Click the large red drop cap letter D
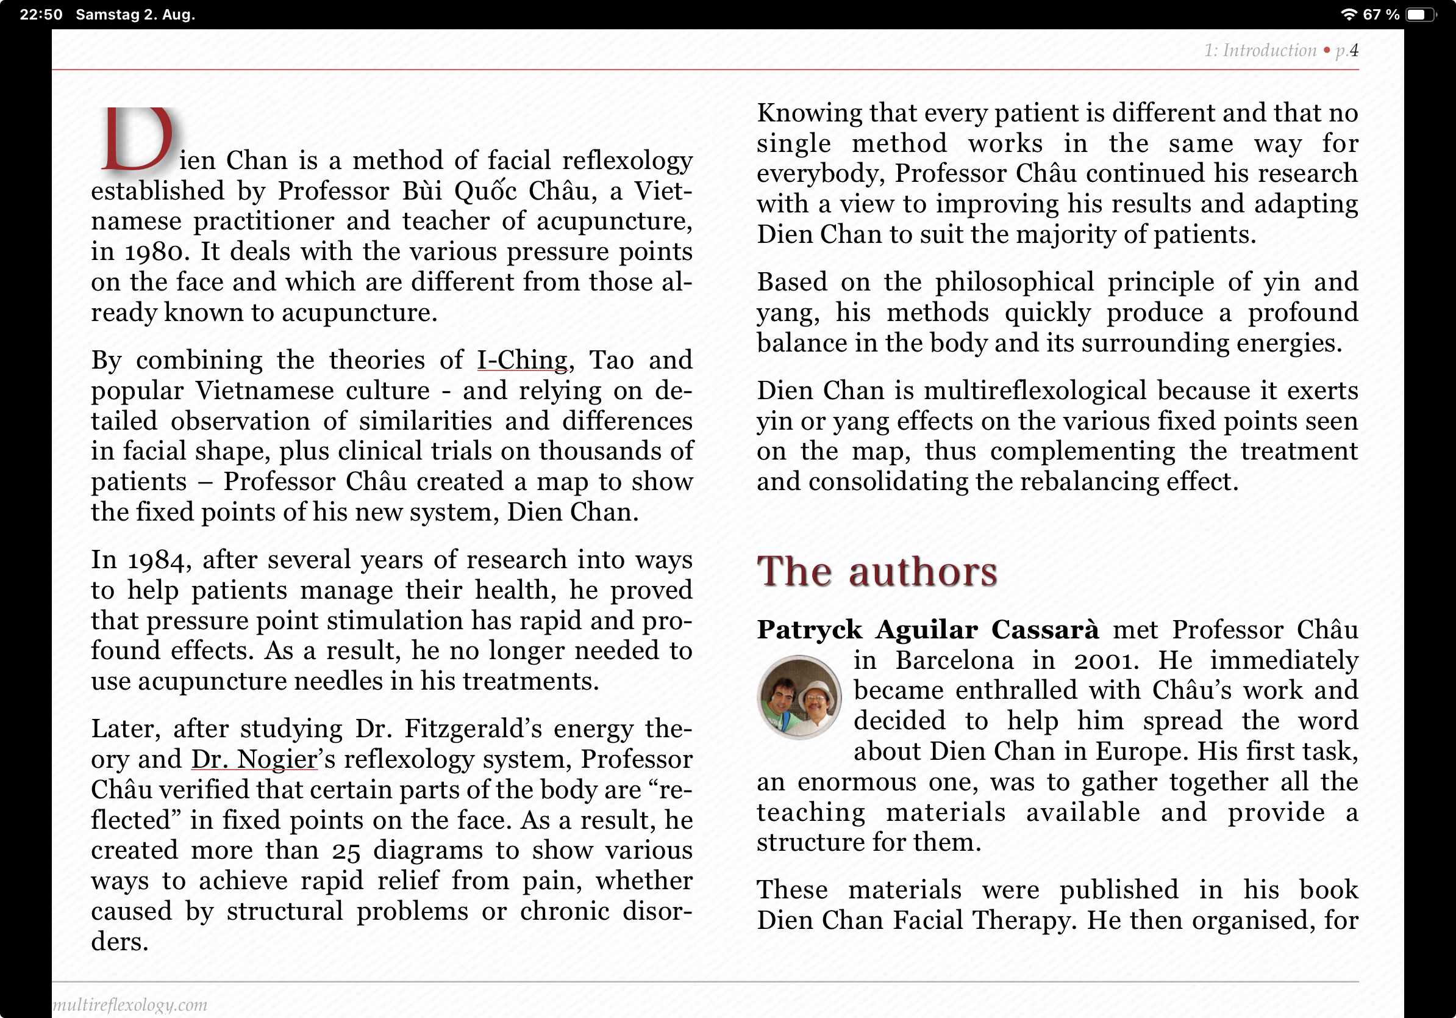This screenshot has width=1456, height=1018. pos(138,140)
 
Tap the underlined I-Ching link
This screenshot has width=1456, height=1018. pos(522,360)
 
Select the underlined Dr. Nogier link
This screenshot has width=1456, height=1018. pos(254,759)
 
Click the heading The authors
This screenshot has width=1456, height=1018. pos(876,571)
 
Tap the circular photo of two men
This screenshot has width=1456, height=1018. pos(799,697)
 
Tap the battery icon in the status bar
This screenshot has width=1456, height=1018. pos(1421,15)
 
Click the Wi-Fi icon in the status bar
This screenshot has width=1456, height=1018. pos(1349,15)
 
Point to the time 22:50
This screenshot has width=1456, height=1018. pos(41,15)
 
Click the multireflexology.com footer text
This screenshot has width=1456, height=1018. pos(130,1005)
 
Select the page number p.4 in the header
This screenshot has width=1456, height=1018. pos(1346,50)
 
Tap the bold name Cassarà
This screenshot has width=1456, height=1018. pos(1044,630)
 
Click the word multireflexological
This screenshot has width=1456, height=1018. pos(1035,391)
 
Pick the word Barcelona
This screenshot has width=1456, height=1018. pos(954,661)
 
